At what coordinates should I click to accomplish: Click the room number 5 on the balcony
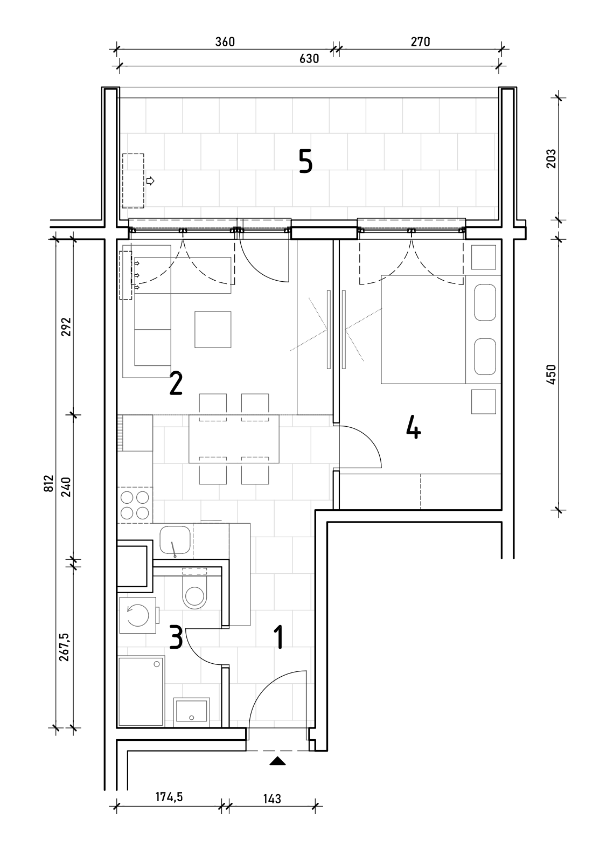[x=306, y=161]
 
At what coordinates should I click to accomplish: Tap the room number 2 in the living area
[x=176, y=383]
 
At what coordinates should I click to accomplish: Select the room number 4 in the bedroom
[x=413, y=427]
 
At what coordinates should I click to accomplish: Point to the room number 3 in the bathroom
[x=176, y=637]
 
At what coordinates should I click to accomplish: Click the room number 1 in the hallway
[x=279, y=637]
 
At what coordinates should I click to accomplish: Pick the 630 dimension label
[x=309, y=58]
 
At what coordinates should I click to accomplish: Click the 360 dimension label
[x=225, y=41]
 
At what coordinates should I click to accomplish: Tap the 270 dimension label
[x=420, y=41]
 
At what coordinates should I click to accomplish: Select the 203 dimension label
[x=551, y=158]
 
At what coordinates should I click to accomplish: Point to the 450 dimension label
[x=551, y=375]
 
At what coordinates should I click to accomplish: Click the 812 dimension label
[x=48, y=483]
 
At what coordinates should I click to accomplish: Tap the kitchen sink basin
[x=175, y=542]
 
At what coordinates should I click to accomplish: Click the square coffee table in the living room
[x=213, y=329]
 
